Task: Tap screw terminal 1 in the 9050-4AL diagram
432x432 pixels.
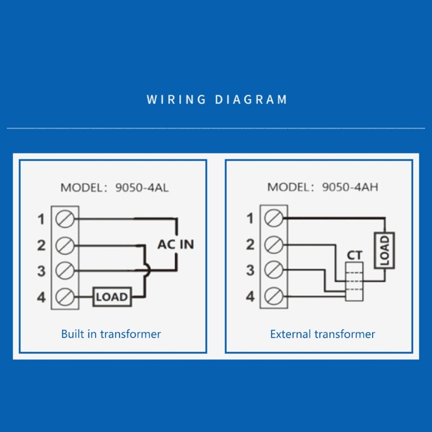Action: click(x=65, y=219)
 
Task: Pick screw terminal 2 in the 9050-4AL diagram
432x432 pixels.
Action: click(x=65, y=245)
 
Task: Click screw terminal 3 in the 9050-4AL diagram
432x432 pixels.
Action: click(x=65, y=271)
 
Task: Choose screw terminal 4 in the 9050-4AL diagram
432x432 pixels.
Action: click(x=65, y=296)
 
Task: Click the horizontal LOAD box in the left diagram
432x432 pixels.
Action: click(x=112, y=296)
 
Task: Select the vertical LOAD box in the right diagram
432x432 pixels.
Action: click(x=384, y=249)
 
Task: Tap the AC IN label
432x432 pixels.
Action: click(x=175, y=244)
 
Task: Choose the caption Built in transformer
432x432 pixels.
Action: click(x=111, y=334)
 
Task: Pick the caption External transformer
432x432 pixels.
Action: click(x=322, y=334)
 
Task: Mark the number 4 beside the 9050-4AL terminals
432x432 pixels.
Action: click(x=42, y=297)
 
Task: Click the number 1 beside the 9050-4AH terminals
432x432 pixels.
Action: click(x=250, y=219)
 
